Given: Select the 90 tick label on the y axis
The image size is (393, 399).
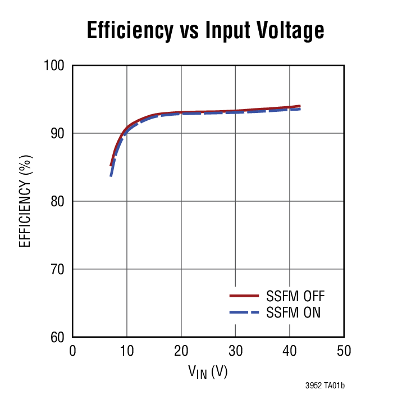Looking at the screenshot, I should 58,134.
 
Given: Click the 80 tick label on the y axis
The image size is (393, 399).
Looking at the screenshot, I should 58,201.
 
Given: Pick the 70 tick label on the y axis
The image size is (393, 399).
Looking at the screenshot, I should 58,269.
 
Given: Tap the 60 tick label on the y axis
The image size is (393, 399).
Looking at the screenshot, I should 58,337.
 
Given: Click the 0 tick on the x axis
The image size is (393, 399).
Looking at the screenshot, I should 72,351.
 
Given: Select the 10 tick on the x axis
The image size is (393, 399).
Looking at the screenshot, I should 127,351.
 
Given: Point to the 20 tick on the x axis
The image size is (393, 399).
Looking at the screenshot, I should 181,351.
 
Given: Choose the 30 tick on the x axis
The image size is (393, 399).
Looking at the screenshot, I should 235,351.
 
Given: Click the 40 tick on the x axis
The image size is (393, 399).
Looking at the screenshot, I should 290,351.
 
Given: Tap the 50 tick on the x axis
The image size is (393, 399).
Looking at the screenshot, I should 344,351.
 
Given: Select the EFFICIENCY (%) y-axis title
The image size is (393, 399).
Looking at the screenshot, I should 25,201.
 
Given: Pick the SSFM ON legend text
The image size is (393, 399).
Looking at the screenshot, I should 293,312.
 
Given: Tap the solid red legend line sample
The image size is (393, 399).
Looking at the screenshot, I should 244,296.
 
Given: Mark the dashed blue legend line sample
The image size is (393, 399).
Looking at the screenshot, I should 244,312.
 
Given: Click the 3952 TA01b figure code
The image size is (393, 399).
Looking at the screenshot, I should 324,386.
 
